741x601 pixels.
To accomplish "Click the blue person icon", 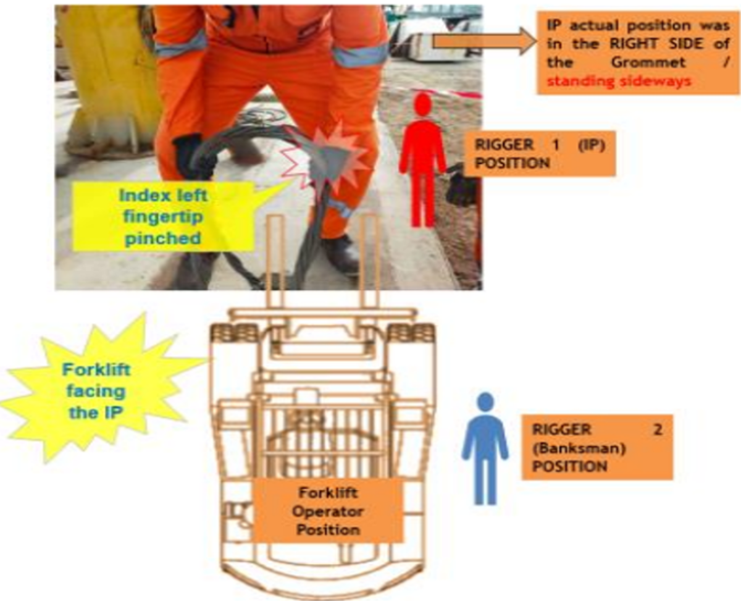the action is [485, 449].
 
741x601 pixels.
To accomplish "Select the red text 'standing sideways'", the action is [619, 81].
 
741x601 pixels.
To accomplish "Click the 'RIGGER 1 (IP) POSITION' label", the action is [540, 153].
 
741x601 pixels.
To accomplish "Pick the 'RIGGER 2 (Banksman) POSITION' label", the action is [597, 447].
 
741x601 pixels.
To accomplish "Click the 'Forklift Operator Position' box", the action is [328, 511].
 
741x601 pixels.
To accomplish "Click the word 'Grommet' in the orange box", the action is [648, 62].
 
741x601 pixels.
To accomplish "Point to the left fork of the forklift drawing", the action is [275, 261].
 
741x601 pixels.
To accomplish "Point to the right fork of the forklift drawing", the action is [369, 261].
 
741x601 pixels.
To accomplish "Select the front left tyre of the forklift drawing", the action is [234, 332].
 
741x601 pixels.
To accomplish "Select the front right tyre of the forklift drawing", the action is [411, 332].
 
